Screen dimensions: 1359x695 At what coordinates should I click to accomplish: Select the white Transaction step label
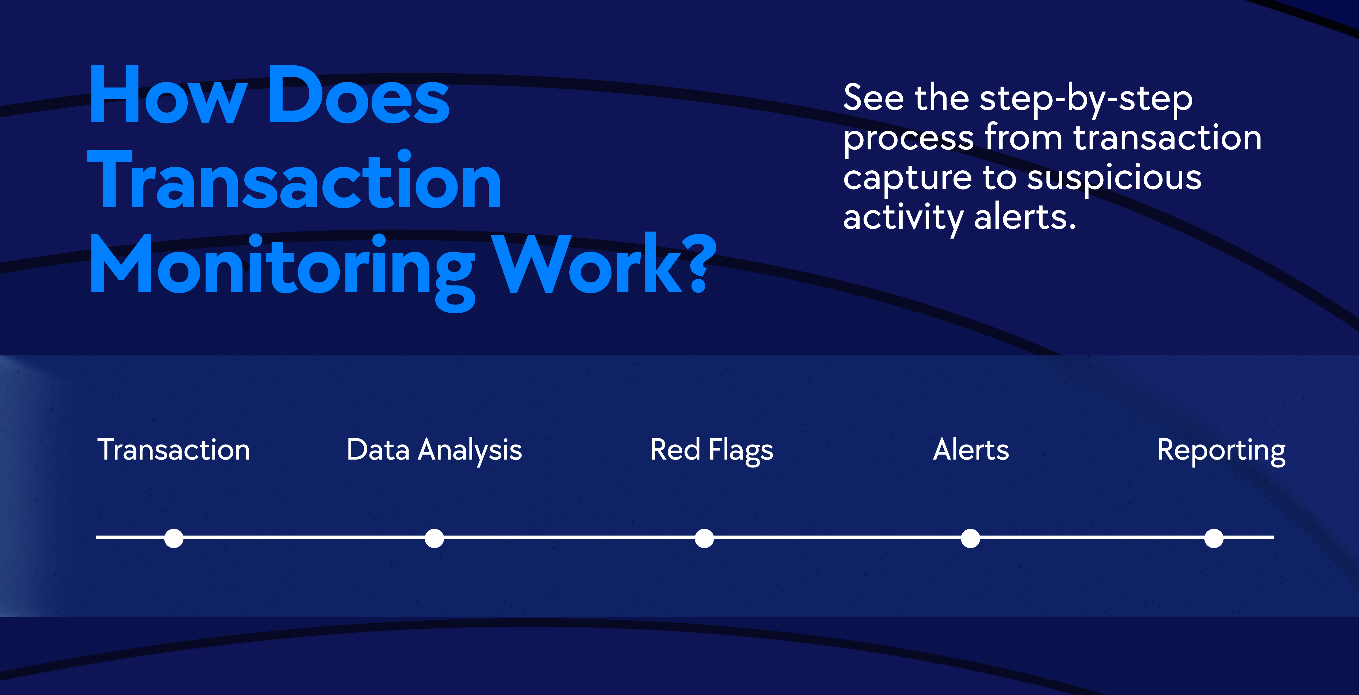(174, 450)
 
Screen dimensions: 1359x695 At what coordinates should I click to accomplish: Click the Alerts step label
(971, 450)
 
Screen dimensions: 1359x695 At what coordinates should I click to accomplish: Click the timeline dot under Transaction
(174, 539)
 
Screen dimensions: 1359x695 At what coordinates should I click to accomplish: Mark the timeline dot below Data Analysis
(434, 539)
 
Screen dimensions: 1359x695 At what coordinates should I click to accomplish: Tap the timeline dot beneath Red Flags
(704, 539)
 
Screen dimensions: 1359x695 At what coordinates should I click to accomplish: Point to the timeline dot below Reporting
(1214, 539)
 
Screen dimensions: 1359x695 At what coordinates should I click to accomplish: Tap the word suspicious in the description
(1114, 179)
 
